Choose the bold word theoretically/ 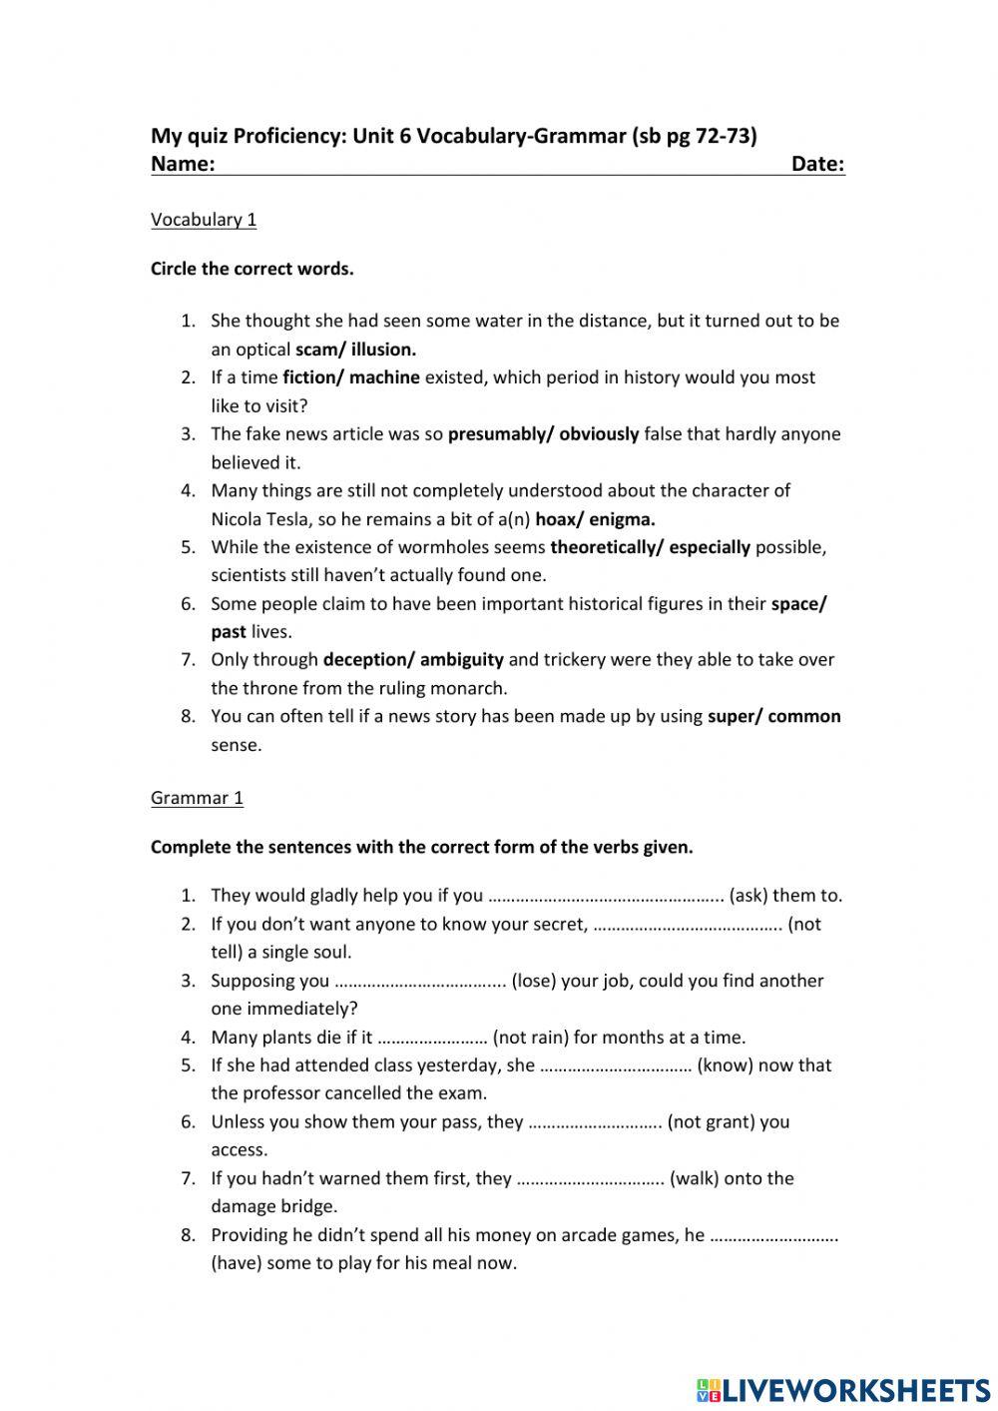[x=607, y=547]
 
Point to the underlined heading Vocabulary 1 [x=204, y=220]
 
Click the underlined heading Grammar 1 [x=197, y=798]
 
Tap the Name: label [x=183, y=165]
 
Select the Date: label [x=817, y=165]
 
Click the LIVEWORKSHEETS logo [x=843, y=1389]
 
